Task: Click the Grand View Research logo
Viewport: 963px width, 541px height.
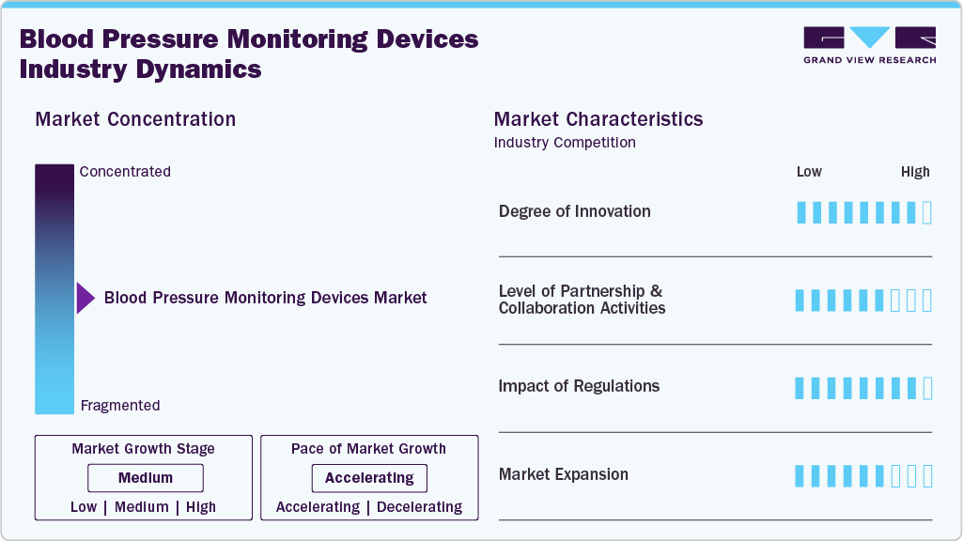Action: point(869,44)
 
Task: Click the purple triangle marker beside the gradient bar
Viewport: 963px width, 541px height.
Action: point(85,299)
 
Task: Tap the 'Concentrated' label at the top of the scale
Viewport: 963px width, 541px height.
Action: point(125,172)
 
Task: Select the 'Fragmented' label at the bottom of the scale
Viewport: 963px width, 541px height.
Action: point(120,406)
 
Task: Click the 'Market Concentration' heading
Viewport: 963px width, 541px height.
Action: point(135,119)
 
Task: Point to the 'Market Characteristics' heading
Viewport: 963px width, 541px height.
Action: point(598,119)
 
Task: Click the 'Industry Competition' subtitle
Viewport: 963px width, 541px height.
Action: point(565,143)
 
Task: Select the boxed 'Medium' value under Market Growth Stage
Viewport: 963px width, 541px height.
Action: point(146,478)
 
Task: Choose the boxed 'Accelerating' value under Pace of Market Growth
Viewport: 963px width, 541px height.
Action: point(369,478)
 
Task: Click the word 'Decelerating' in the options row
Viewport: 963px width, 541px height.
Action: point(419,507)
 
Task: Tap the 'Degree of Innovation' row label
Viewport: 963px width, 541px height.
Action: point(574,211)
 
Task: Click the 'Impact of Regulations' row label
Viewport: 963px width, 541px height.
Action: point(579,386)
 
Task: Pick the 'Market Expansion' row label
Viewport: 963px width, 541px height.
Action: point(563,474)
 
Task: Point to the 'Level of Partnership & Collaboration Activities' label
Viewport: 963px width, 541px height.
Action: point(582,300)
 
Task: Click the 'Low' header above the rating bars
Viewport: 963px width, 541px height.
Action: point(809,172)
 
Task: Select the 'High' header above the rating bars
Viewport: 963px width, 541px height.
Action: point(914,172)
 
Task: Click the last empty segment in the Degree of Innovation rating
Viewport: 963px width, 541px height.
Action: point(927,212)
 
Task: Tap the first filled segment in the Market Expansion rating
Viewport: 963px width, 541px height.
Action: point(800,476)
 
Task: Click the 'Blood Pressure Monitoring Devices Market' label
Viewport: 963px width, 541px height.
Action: point(265,298)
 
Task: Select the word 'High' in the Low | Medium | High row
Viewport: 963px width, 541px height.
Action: point(201,507)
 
